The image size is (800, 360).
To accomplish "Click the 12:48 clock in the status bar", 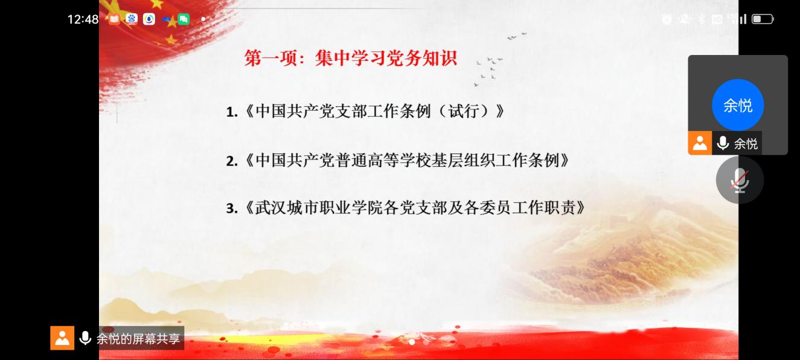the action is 83,19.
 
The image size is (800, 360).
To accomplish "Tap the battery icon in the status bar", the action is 763,19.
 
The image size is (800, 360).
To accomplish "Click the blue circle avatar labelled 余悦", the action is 738,105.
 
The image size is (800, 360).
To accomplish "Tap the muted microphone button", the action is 740,179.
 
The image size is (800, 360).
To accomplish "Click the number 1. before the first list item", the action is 232,112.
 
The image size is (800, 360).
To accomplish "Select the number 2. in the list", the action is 232,161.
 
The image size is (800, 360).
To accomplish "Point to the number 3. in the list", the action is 232,208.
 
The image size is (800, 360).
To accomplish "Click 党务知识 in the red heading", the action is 421,58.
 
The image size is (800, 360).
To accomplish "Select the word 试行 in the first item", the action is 464,111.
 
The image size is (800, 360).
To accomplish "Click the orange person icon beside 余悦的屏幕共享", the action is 62,338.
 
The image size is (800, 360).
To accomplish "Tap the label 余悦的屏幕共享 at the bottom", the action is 138,339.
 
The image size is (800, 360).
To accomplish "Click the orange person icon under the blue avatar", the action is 700,143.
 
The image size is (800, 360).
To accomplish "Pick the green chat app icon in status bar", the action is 184,19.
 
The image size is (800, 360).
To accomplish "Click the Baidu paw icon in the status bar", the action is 132,19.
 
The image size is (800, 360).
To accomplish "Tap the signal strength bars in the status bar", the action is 739,19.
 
